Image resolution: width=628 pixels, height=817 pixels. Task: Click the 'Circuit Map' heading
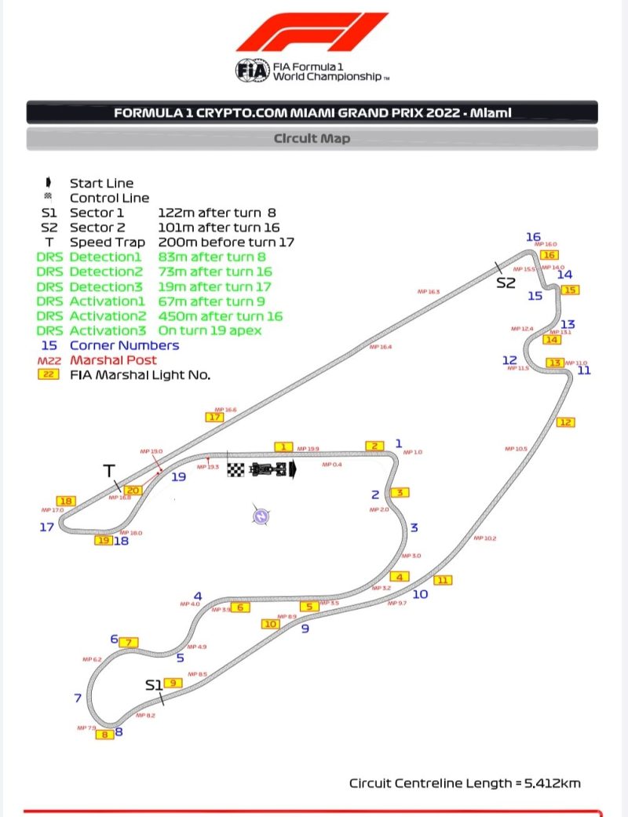312,138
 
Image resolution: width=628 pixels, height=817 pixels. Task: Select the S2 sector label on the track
506,283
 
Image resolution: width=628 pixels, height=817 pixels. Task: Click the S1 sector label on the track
153,685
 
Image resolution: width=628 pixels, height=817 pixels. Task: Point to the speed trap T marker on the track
109,470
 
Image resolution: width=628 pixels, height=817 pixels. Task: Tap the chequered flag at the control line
236,469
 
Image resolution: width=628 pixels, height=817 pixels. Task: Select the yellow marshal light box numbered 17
215,417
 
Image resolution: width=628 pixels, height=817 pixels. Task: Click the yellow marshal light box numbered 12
565,422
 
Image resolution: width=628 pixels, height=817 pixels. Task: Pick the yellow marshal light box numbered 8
104,735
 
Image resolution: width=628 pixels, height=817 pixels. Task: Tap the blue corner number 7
78,698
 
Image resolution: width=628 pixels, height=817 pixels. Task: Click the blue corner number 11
583,370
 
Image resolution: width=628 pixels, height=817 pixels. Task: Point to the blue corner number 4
198,596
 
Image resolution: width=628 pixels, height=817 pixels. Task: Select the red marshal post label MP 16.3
429,292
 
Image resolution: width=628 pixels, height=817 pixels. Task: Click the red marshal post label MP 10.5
516,449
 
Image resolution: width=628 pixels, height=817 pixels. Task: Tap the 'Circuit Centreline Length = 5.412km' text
465,782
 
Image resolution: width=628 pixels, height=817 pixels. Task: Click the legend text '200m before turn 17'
226,242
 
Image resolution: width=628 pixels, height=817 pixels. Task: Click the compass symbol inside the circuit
261,516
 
